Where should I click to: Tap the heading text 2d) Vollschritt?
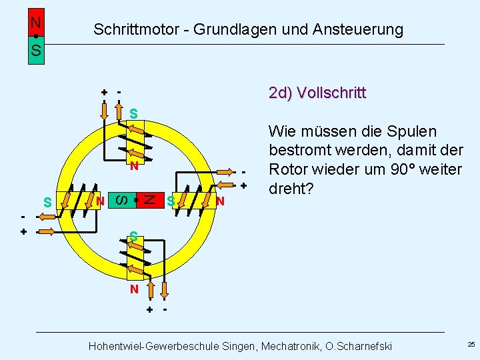[x=317, y=93]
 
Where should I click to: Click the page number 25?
[x=471, y=345]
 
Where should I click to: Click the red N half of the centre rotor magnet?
[x=151, y=199]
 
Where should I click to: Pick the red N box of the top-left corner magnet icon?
[x=36, y=22]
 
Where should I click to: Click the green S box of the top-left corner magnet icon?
[x=36, y=51]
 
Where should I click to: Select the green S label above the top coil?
[x=134, y=114]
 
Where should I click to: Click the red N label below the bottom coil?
[x=134, y=289]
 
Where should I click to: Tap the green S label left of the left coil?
[x=47, y=201]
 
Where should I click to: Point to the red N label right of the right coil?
[x=220, y=201]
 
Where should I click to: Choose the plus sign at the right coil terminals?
[x=244, y=185]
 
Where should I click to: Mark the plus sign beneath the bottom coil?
[x=149, y=310]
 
